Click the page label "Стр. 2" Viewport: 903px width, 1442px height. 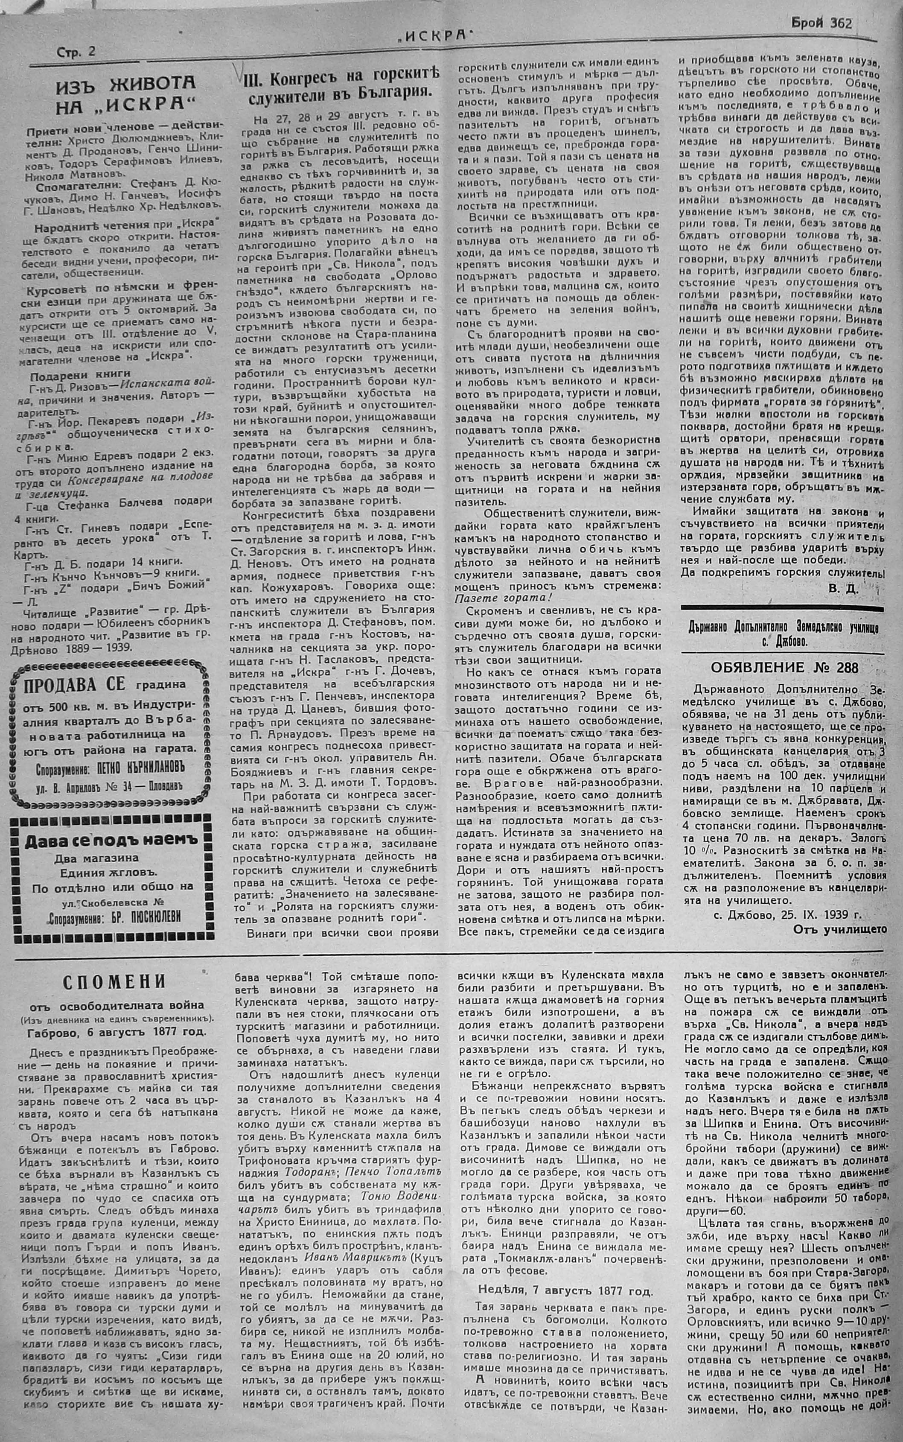[76, 52]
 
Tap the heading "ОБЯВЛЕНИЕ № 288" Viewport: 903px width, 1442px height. [782, 667]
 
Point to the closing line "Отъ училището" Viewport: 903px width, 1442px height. [839, 929]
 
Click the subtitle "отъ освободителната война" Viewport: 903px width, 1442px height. [114, 1005]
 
